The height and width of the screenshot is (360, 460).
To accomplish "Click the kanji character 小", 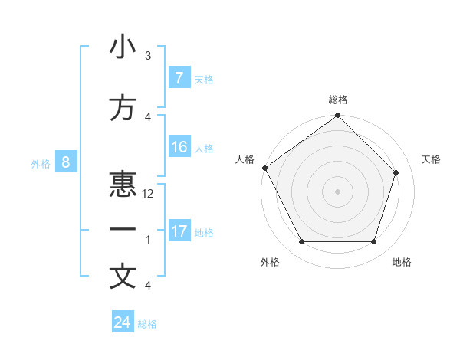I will pyautogui.click(x=123, y=47).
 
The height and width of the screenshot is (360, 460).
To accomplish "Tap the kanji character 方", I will pyautogui.click(x=123, y=109).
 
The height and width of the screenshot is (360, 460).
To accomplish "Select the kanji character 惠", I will pyautogui.click(x=123, y=184).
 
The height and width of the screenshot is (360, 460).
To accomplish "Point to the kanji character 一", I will pyautogui.click(x=123, y=229).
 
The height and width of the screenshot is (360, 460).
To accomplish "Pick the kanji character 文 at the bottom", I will pyautogui.click(x=123, y=277).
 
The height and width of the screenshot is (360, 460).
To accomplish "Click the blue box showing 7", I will pyautogui.click(x=179, y=78).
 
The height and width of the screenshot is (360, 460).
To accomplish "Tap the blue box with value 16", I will pyautogui.click(x=179, y=148).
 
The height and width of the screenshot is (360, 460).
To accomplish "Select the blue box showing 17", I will pyautogui.click(x=179, y=231).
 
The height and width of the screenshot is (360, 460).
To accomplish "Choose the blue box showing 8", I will pyautogui.click(x=67, y=162).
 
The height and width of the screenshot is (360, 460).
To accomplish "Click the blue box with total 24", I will pyautogui.click(x=123, y=322).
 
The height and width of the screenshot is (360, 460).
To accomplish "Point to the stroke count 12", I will pyautogui.click(x=148, y=194).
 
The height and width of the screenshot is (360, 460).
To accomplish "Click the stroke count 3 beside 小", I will pyautogui.click(x=148, y=56).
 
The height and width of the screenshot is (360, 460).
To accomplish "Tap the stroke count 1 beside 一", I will pyautogui.click(x=148, y=240).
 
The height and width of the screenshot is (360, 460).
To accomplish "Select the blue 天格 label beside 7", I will pyautogui.click(x=203, y=79).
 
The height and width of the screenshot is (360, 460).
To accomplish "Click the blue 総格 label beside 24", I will pyautogui.click(x=147, y=324).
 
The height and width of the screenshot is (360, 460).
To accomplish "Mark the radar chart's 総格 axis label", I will pyautogui.click(x=338, y=100).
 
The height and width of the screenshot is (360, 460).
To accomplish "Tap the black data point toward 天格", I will pyautogui.click(x=396, y=172).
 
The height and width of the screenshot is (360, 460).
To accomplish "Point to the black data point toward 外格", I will pyautogui.click(x=301, y=242).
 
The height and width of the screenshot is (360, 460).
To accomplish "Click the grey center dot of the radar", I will pyautogui.click(x=337, y=191).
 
